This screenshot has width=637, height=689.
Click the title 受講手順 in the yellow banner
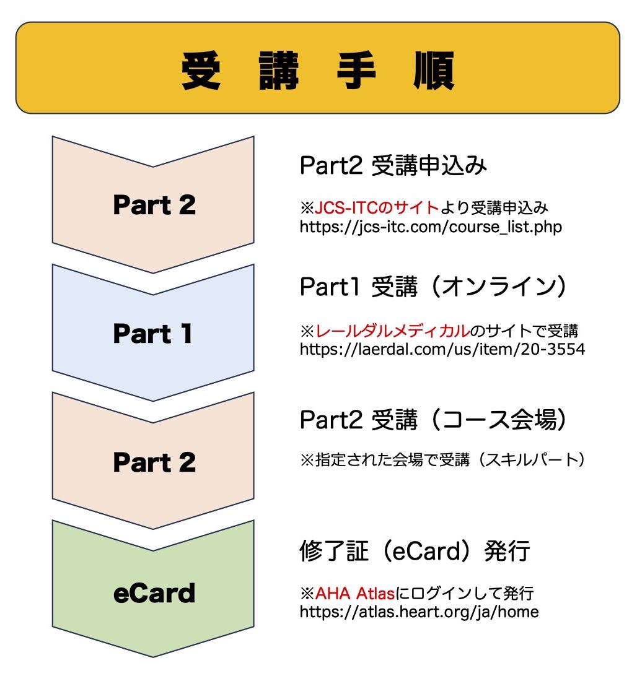point(317,72)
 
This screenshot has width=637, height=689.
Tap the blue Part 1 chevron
point(154,334)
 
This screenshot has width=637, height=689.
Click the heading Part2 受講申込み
point(393,167)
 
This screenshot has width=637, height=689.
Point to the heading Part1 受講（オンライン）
point(434,287)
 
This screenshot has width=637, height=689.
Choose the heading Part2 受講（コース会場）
point(434,421)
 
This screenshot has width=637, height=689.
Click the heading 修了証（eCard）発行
point(415,550)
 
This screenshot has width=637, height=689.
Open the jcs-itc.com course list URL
point(431,227)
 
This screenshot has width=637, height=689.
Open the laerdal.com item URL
point(442,349)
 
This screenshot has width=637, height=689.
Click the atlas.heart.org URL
point(419,612)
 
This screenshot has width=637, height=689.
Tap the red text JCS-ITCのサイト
point(377,207)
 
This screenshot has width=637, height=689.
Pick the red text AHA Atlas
point(355,594)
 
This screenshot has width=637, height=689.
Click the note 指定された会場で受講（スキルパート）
point(443,460)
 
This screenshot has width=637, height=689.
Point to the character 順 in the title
point(433,72)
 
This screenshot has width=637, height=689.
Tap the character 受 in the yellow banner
point(202,72)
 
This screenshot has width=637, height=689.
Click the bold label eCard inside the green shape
point(154,593)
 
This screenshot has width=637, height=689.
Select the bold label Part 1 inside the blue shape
point(154,334)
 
